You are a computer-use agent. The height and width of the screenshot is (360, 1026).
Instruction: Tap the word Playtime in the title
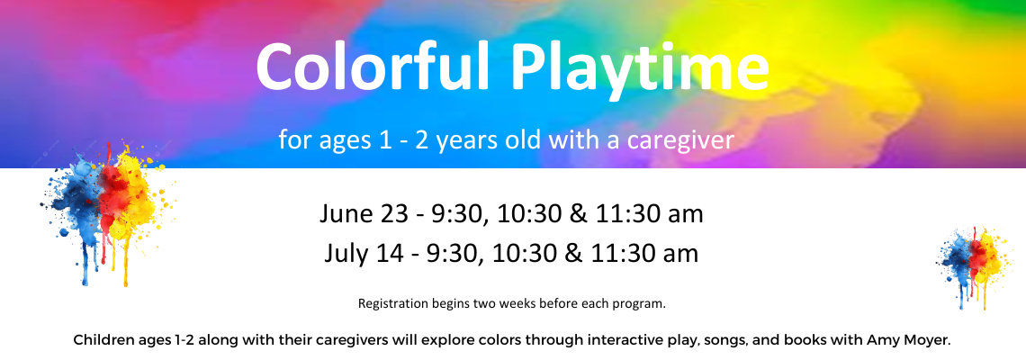pos(641,71)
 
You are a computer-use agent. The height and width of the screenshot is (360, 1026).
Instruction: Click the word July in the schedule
pos(346,254)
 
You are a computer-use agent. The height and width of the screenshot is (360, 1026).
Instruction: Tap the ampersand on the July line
pos(572,253)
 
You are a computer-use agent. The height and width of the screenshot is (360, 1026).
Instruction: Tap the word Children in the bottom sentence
pos(102,341)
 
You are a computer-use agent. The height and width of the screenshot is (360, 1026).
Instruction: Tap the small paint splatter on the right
pos(972,265)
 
